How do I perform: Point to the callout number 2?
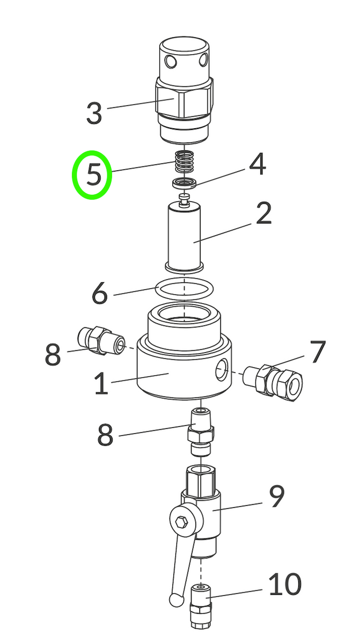(263, 213)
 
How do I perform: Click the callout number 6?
(100, 294)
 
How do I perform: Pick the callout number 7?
(318, 352)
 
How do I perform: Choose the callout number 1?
(101, 384)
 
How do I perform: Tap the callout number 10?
(284, 584)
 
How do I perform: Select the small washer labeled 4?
(184, 184)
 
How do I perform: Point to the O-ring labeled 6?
(184, 288)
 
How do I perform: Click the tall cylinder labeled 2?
(184, 236)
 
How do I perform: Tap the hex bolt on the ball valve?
(180, 521)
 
